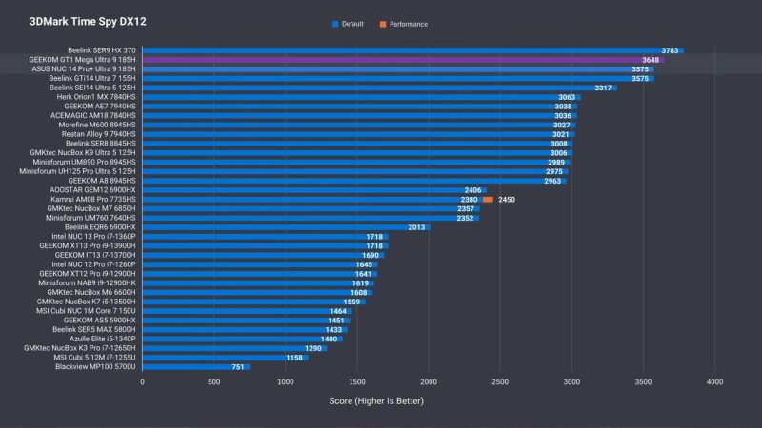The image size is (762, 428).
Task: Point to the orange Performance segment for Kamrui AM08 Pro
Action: (488, 200)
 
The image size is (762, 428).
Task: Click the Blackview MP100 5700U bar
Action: (195, 366)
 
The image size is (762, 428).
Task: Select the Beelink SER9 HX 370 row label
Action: (100, 50)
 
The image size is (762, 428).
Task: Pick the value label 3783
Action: (671, 50)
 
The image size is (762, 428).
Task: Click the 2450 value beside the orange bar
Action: (506, 200)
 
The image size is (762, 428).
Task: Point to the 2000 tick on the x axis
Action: (429, 381)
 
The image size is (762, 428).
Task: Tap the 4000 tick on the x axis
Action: (714, 381)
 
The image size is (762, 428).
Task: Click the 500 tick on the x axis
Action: (214, 381)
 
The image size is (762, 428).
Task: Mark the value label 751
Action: (239, 366)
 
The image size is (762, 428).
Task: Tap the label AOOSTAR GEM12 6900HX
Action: (90, 190)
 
